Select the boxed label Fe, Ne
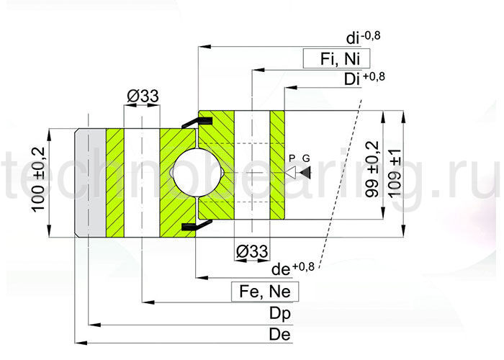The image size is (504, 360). [265, 292]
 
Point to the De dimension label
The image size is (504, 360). [279, 335]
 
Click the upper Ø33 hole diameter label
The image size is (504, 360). [142, 96]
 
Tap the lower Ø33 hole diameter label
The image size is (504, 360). [252, 251]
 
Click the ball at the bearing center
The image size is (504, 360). [195, 172]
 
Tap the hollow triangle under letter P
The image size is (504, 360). [291, 173]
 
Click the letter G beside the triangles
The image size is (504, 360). [306, 158]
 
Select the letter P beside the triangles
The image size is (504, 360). [292, 158]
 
